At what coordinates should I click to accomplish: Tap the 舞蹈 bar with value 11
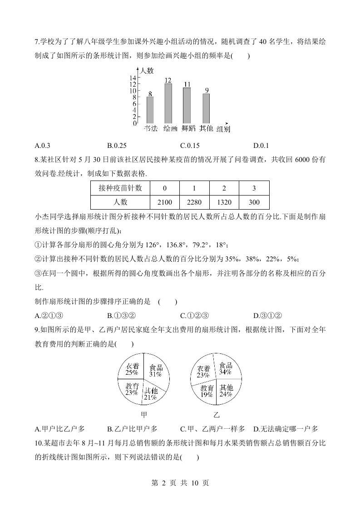tap(187, 105)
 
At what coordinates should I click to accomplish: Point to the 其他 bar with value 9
tap(206, 108)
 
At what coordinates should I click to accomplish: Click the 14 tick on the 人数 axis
tap(134, 78)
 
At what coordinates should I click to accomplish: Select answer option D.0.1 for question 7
tap(261, 146)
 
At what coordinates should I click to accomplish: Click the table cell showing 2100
tap(164, 202)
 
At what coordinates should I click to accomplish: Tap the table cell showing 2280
tap(194, 202)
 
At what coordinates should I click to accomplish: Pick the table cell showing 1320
tap(224, 202)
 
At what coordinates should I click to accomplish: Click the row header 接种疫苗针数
tap(120, 188)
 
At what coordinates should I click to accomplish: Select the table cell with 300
tap(254, 202)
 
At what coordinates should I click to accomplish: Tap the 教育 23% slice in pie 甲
tap(132, 389)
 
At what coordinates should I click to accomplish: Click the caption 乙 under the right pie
tap(216, 415)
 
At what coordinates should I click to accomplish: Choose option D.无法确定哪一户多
tap(286, 429)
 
